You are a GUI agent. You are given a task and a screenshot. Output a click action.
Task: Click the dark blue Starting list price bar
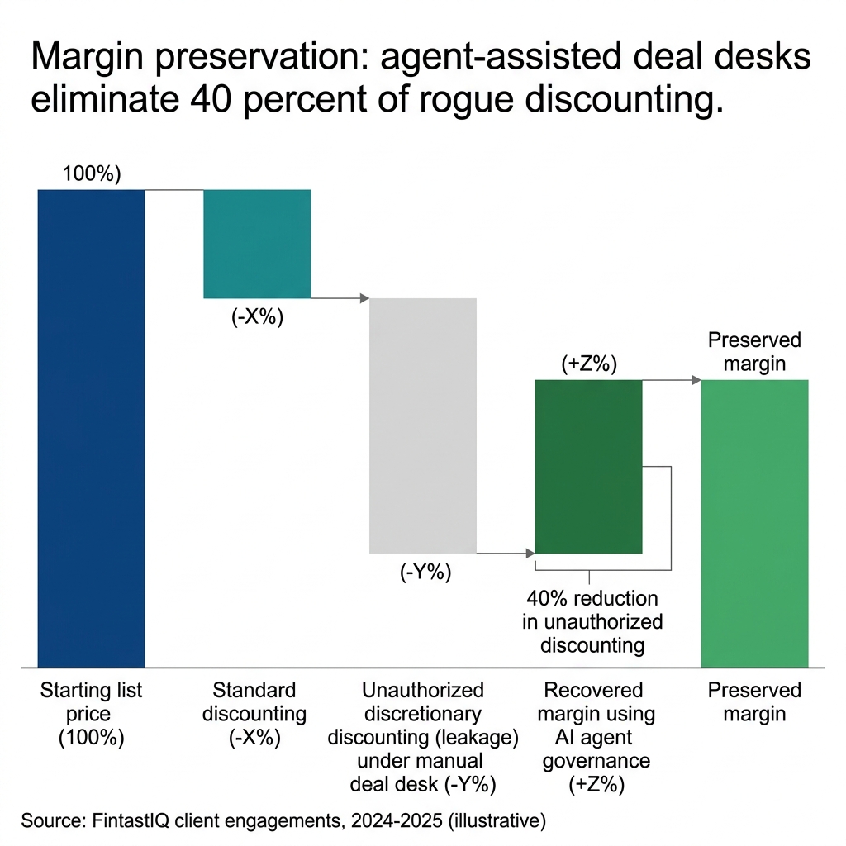92,428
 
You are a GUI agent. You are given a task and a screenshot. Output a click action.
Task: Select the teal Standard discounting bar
257,244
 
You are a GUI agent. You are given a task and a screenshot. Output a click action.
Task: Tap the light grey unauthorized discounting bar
422,425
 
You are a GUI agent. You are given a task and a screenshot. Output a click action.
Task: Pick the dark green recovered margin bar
588,466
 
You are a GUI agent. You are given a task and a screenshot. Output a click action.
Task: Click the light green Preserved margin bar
754,523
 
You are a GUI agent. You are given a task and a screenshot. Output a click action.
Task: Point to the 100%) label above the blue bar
92,174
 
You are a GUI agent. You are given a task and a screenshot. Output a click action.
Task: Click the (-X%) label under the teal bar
257,317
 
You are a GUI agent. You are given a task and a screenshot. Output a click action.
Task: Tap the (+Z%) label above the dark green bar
589,364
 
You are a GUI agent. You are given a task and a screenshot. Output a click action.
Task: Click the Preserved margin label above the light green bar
754,352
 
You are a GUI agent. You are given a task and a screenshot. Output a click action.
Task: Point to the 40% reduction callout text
592,621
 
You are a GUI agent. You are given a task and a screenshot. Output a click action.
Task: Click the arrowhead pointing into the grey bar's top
364,298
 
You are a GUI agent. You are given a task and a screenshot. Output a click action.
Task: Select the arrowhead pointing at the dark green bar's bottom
530,553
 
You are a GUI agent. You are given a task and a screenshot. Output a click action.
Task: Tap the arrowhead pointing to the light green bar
696,380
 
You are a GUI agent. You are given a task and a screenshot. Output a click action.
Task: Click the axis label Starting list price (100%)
92,714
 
